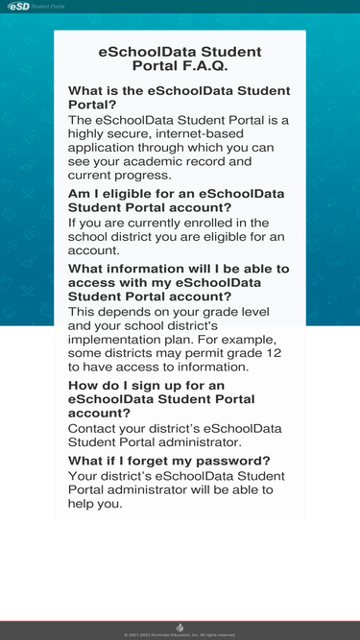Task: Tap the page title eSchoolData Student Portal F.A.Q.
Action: click(x=180, y=59)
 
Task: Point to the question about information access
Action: click(x=179, y=283)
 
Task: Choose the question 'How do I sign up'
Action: click(x=161, y=399)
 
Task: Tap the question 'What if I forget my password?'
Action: click(x=169, y=461)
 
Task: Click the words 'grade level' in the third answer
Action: click(x=233, y=312)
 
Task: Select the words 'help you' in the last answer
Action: click(x=95, y=504)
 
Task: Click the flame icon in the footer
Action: click(x=180, y=627)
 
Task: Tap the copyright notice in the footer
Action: click(x=180, y=635)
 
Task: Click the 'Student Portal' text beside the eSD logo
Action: click(x=48, y=6)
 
